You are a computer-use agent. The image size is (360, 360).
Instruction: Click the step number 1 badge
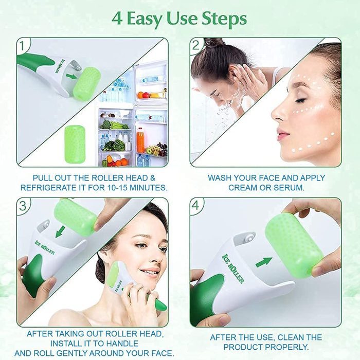coord(22,46)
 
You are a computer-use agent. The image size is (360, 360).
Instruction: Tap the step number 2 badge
coord(195,45)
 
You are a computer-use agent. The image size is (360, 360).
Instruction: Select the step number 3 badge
coord(23,206)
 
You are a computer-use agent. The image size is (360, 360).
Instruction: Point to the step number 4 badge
coord(195,205)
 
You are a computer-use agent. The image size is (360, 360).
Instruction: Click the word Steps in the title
coord(224,20)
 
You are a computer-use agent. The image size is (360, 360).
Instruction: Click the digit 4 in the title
coord(117,19)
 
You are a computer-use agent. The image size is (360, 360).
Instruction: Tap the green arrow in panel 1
coord(71,76)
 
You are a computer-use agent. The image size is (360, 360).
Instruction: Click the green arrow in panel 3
coord(60,231)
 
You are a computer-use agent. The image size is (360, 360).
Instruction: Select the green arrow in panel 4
coord(263,262)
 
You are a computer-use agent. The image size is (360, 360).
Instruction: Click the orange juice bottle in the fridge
coord(140,140)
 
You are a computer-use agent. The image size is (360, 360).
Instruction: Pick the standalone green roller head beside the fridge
coord(75,144)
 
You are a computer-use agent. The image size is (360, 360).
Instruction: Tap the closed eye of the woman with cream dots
coord(301,100)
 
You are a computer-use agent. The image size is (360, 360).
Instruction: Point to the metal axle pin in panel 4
coord(249,237)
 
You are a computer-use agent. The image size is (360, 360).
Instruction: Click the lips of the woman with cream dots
coord(281,135)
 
